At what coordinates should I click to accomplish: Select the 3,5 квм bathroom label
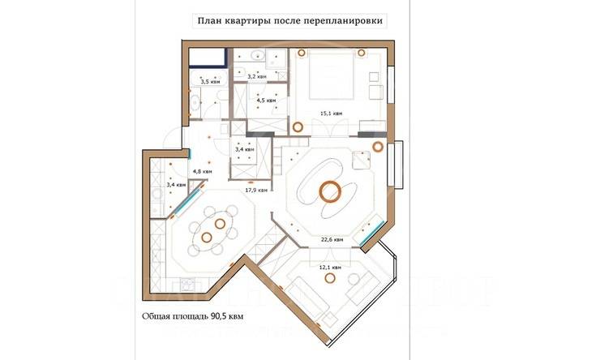click(210, 82)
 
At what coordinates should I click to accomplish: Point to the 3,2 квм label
click(257, 76)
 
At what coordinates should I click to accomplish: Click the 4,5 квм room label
click(266, 101)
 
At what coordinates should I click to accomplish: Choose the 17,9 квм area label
click(255, 191)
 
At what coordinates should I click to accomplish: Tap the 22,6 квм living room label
click(331, 240)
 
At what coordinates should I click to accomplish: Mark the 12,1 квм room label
click(329, 267)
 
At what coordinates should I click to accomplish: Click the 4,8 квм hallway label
click(202, 172)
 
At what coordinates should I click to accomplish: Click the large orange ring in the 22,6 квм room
click(328, 192)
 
